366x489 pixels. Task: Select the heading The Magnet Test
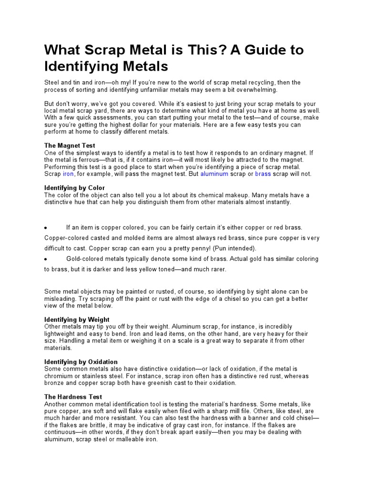coord(70,145)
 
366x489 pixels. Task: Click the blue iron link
coord(68,174)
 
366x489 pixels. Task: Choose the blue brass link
coord(263,174)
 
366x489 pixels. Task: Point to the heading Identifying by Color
coord(74,188)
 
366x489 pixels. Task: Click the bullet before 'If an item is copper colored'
coord(45,228)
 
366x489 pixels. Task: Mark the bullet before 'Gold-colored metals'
coord(45,259)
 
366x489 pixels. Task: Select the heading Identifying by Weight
coord(77,319)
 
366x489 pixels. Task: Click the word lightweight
coord(61,333)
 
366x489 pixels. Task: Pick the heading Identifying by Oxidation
coord(81,361)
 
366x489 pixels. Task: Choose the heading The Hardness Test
coord(73,397)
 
